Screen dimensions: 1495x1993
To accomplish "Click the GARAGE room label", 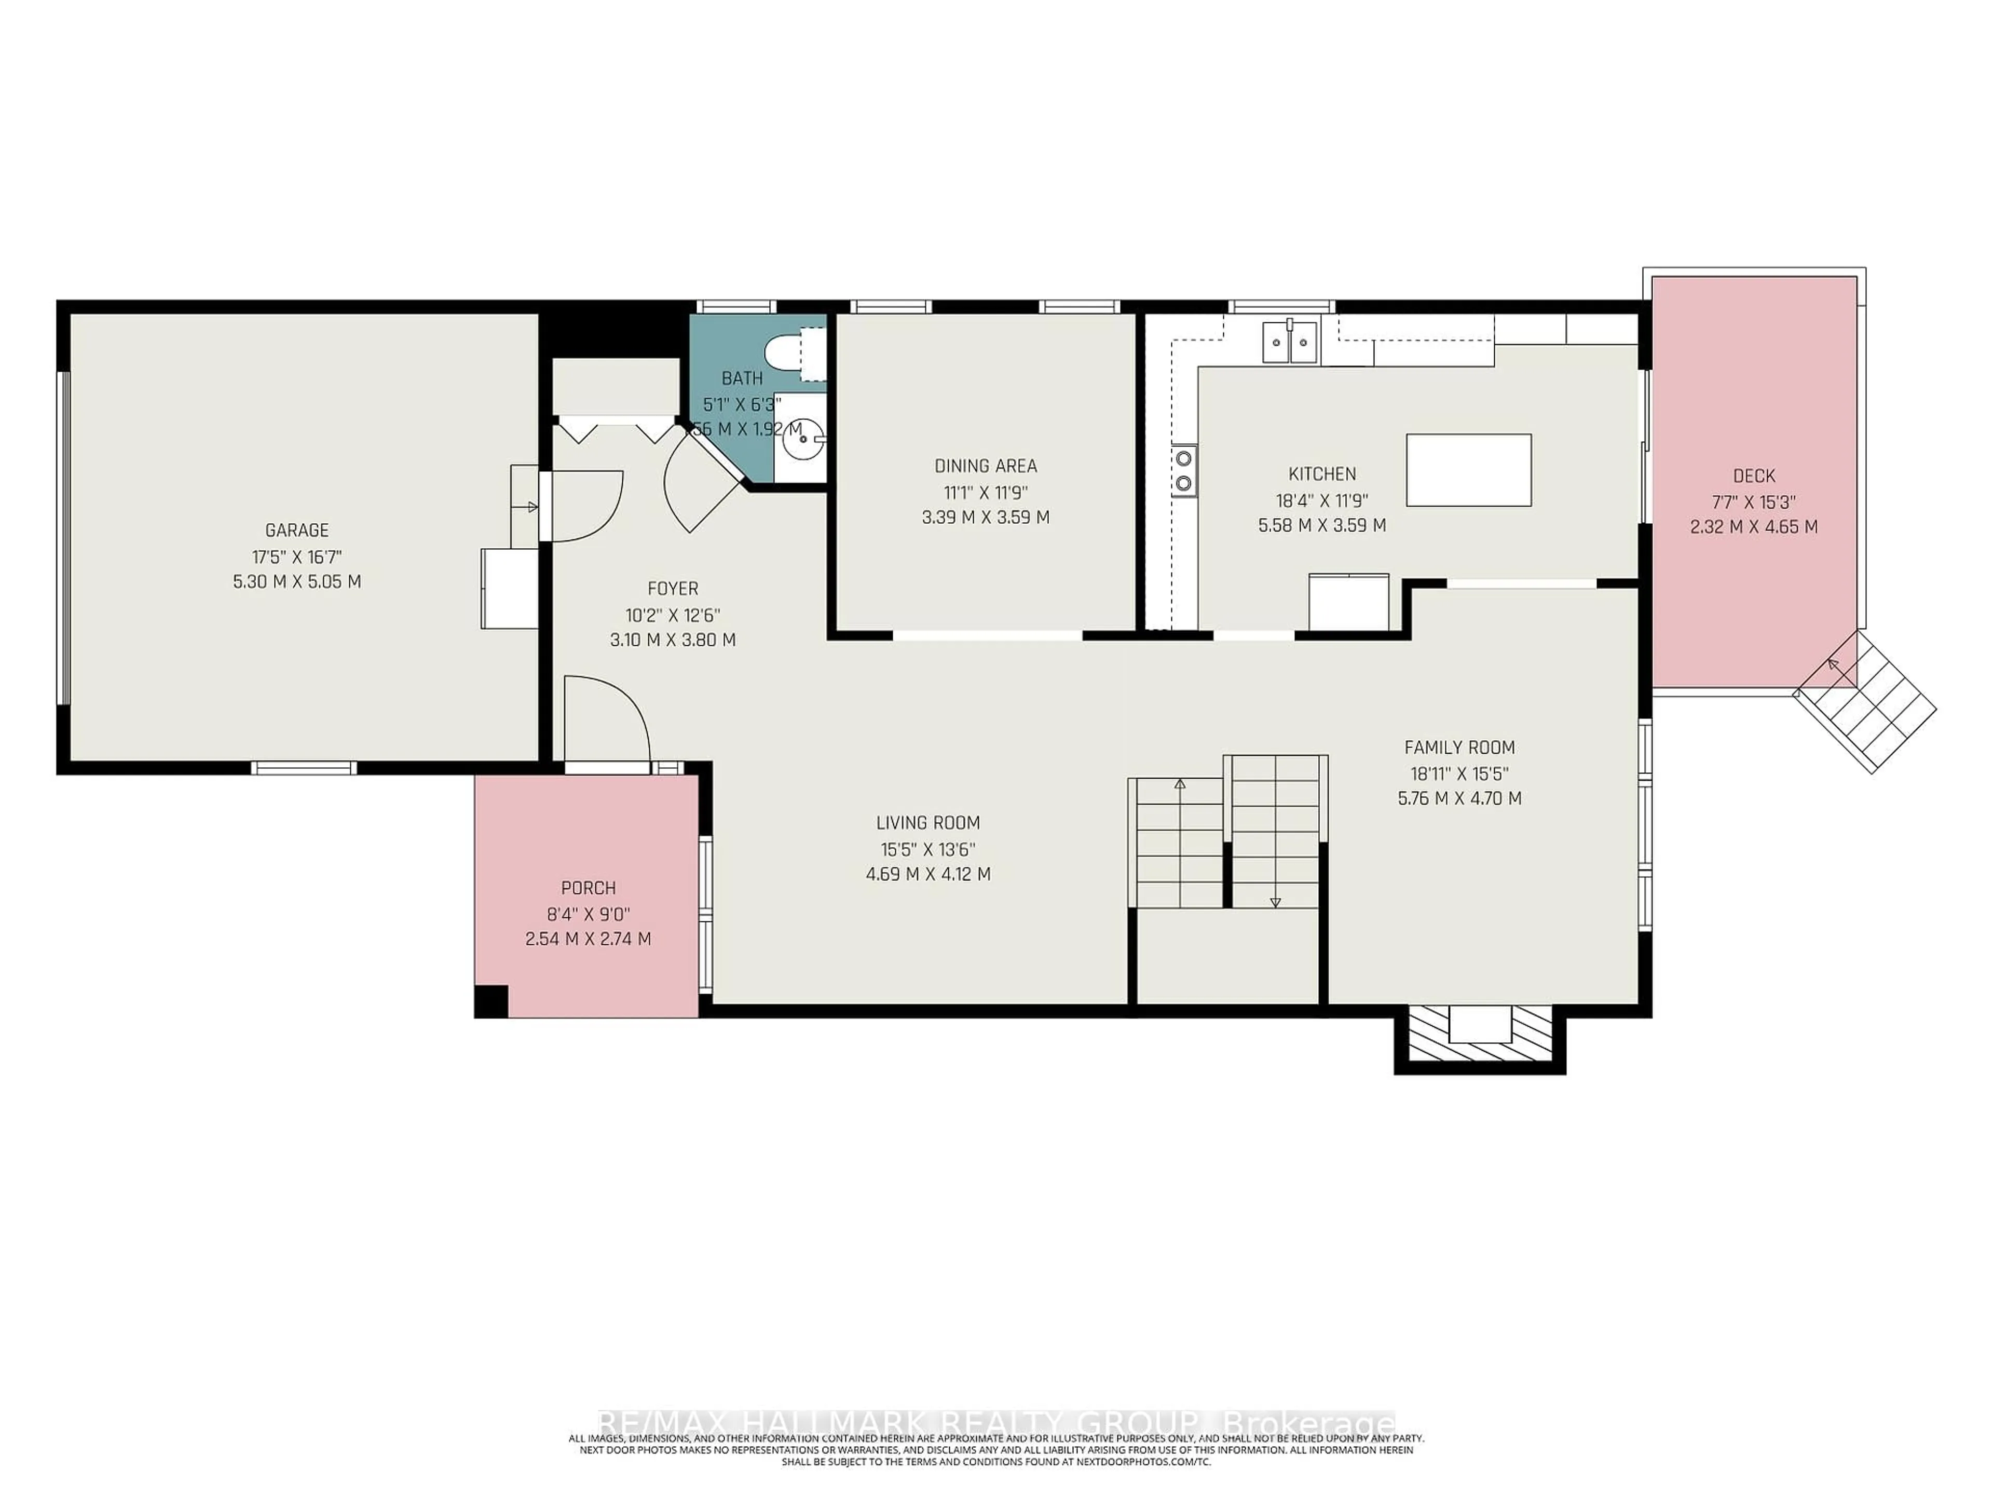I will coord(296,530).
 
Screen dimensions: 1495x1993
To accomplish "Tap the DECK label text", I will coord(1753,476).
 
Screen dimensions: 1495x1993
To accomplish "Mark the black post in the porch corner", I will coord(491,1000).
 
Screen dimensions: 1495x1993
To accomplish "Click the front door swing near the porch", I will coord(606,721).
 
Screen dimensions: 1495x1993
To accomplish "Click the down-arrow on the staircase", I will coord(1275,901).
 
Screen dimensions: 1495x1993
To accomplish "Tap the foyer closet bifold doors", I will coord(616,431).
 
